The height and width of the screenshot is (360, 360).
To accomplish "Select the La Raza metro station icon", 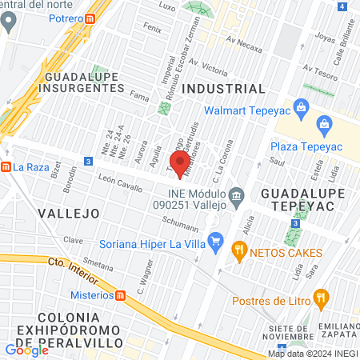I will pos(6,167).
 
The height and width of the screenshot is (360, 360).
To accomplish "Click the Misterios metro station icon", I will pos(121,295).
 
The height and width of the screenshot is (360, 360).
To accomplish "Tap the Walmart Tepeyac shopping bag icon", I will pos(301,106).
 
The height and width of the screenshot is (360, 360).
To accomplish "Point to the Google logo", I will pos(27,350).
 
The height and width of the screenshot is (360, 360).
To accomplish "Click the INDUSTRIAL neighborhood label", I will pos(223,88).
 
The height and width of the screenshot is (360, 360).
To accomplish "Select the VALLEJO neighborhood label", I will pos(68,214).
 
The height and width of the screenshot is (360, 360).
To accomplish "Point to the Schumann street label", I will pos(179,218).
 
